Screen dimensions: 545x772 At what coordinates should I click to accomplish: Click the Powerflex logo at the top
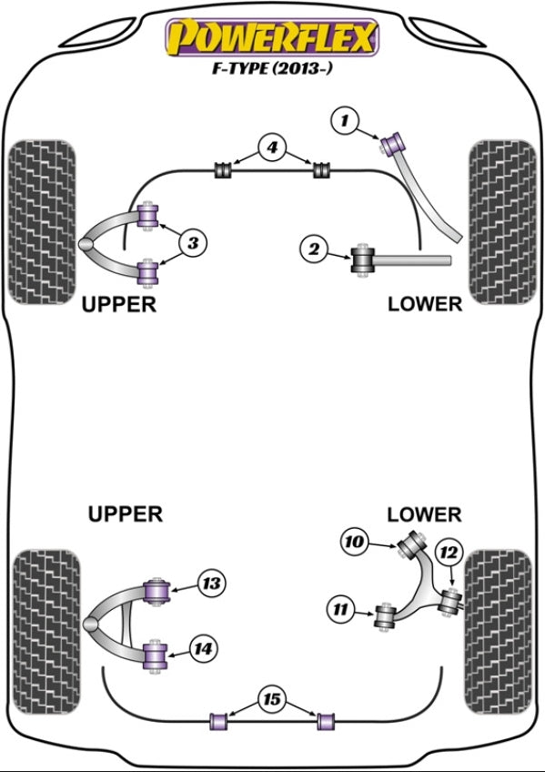pyautogui.click(x=272, y=37)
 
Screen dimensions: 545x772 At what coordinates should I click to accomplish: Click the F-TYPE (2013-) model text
pyautogui.click(x=272, y=67)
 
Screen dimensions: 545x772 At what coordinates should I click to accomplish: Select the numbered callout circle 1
pyautogui.click(x=346, y=120)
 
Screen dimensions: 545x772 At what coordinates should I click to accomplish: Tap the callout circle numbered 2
pyautogui.click(x=314, y=249)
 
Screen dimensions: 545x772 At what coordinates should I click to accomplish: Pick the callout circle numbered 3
pyautogui.click(x=193, y=243)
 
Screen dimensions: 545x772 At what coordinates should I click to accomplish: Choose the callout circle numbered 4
pyautogui.click(x=272, y=147)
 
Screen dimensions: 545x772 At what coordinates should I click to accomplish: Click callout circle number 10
pyautogui.click(x=354, y=542)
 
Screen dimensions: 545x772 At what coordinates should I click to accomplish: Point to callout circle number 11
pyautogui.click(x=340, y=610)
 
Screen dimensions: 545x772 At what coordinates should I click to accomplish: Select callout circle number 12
pyautogui.click(x=448, y=553)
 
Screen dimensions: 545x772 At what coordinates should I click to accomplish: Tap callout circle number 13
pyautogui.click(x=211, y=584)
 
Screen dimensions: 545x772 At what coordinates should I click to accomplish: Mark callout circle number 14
pyautogui.click(x=203, y=649)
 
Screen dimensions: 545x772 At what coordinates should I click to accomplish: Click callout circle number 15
pyautogui.click(x=272, y=699)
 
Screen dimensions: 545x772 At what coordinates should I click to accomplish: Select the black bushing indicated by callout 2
pyautogui.click(x=363, y=260)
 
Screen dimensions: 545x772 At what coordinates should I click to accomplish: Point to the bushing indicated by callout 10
pyautogui.click(x=411, y=543)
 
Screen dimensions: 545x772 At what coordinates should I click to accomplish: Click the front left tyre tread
pyautogui.click(x=43, y=221)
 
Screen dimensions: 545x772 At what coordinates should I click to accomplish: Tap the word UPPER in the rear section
pyautogui.click(x=125, y=514)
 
